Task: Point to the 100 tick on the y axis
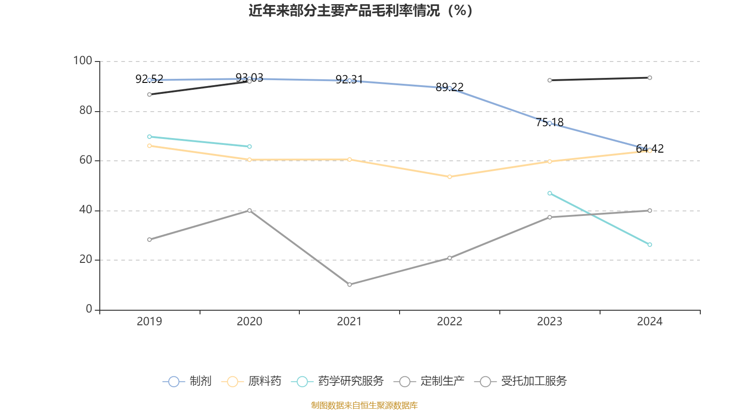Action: [x=82, y=61]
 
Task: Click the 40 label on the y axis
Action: [x=85, y=210]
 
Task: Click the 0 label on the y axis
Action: [x=89, y=309]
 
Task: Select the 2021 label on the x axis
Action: [x=349, y=322]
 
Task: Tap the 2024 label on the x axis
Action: [x=649, y=322]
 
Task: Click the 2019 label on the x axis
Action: [x=149, y=322]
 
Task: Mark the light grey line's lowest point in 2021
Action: [x=349, y=284]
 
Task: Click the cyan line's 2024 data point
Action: [x=650, y=245]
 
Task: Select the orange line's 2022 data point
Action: [x=450, y=177]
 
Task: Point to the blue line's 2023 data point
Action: [x=549, y=123]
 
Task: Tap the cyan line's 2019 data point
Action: [x=149, y=137]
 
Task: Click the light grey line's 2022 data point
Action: [x=450, y=258]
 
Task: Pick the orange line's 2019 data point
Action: [x=149, y=146]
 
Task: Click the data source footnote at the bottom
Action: [x=364, y=405]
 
